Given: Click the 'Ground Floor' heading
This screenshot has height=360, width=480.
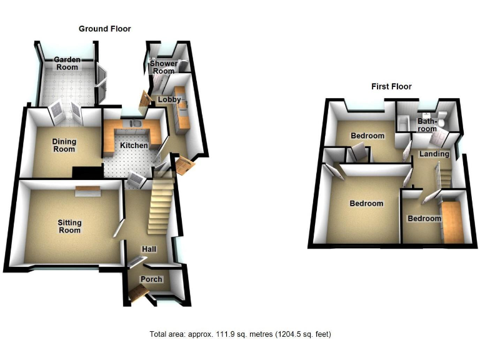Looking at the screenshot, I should coord(104,29).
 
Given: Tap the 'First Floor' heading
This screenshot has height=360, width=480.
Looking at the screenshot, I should coord(391,87).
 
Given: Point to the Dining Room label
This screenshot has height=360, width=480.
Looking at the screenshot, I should coord(64,145).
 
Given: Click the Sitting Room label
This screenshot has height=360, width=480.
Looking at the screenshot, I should coord(69,226).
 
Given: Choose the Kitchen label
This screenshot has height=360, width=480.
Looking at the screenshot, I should coord(134,146).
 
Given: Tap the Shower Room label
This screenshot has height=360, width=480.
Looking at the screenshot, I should coord(163,67).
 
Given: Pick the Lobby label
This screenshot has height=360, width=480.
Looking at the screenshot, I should coord(169,100).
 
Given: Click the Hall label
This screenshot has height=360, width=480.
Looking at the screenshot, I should coord(149,249).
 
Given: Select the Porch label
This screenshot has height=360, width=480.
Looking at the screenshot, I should coord(151,279).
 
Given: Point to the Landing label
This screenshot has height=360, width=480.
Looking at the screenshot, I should coord(434,154).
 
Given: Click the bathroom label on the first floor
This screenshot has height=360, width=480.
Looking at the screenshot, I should coord(427,125).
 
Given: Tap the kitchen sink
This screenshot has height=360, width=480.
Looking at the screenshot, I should coord(134,124).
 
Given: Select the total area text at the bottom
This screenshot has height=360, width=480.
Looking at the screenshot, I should coord(240,334).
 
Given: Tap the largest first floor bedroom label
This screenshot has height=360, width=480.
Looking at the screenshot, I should coord(366,204).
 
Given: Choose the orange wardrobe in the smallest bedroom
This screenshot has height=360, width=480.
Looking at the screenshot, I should coord(452,221).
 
